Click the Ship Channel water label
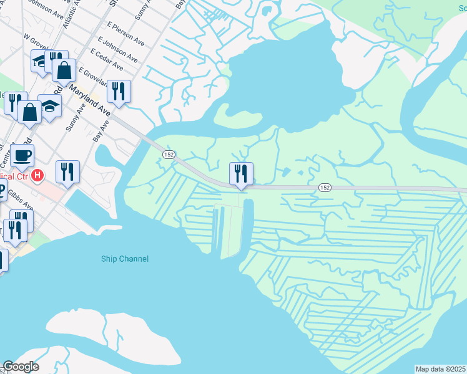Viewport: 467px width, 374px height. pyautogui.click(x=125, y=259)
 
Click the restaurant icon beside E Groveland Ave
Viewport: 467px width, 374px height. pyautogui.click(x=118, y=91)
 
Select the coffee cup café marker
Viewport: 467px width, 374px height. pyautogui.click(x=22, y=155)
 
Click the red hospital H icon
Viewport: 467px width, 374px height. pyautogui.click(x=37, y=176)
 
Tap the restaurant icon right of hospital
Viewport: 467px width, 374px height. pyautogui.click(x=67, y=171)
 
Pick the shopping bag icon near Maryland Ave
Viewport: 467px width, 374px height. pyautogui.click(x=64, y=70)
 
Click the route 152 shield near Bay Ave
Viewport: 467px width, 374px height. pyautogui.click(x=169, y=154)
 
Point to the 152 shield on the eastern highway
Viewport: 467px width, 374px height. pyautogui.click(x=324, y=187)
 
